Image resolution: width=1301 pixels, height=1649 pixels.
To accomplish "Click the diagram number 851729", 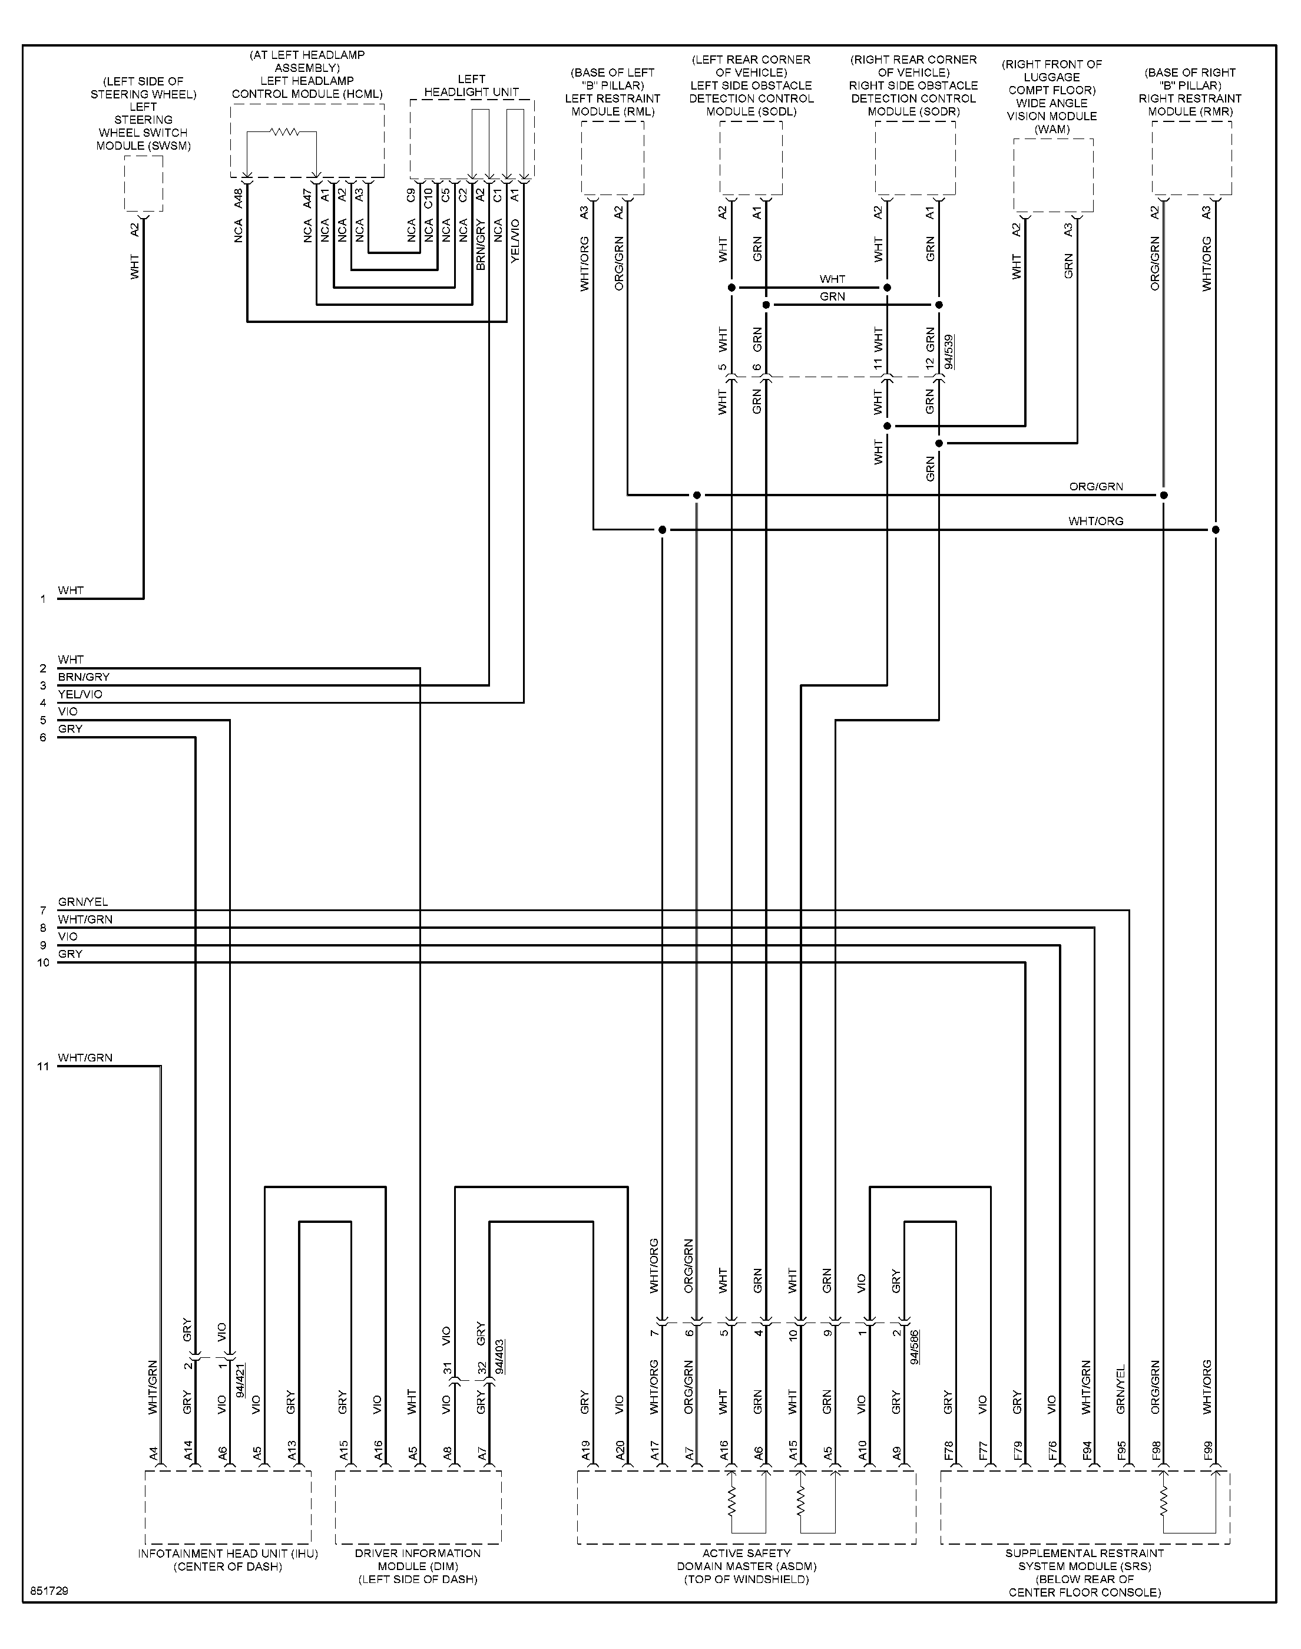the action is point(49,1592).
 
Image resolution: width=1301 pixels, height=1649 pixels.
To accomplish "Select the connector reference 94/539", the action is point(949,351).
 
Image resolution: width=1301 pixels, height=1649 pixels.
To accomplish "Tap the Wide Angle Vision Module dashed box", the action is point(1054,175).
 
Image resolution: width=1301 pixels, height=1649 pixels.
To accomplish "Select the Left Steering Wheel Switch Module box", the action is point(143,184).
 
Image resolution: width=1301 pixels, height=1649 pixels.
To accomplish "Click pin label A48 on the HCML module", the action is point(239,198).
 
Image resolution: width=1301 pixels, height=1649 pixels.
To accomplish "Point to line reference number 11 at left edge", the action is point(44,1066).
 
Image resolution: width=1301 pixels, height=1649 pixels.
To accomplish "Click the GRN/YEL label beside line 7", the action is point(83,902).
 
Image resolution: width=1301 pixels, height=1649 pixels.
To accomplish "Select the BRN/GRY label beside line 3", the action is point(84,677).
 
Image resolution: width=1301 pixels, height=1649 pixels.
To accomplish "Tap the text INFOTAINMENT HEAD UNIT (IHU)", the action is point(228,1553).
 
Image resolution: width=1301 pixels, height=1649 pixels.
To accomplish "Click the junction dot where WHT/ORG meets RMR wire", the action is point(1216,530).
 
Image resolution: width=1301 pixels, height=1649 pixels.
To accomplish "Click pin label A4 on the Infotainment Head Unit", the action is point(153,1454).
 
